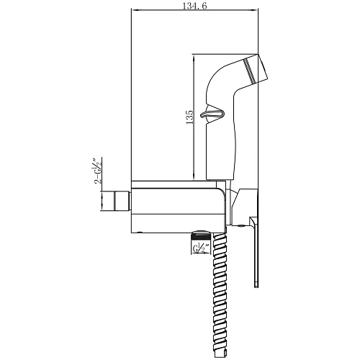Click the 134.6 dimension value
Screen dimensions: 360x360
tap(194, 6)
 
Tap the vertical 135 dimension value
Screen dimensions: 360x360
tap(189, 117)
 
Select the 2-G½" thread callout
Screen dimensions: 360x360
tap(97, 171)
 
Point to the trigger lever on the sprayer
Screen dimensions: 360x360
tap(212, 114)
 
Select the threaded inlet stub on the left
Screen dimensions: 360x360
tap(122, 201)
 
